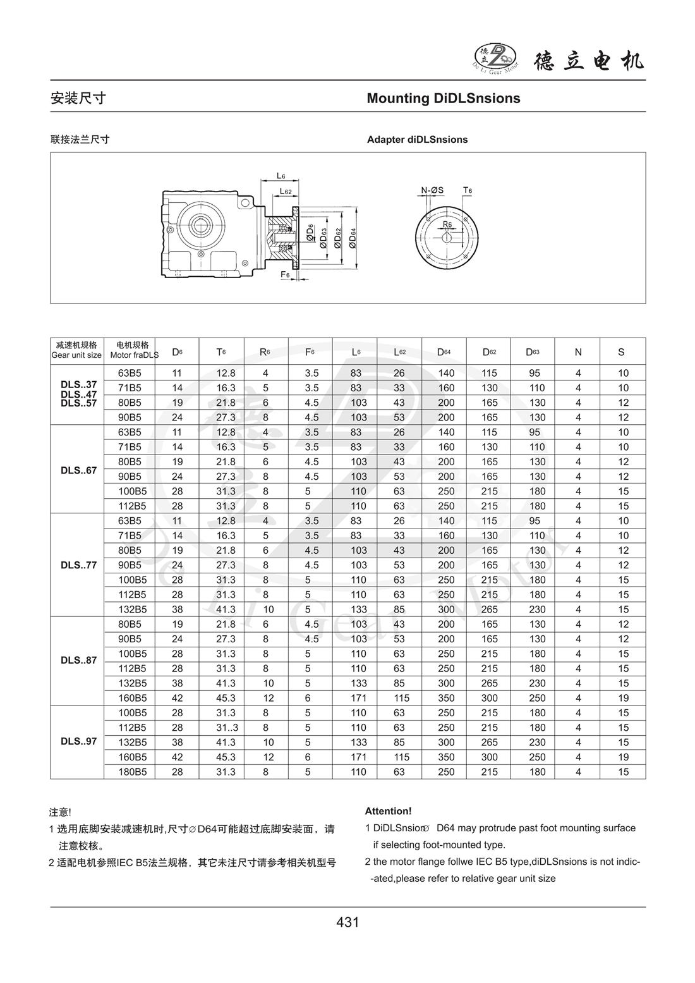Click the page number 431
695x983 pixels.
pyautogui.click(x=347, y=922)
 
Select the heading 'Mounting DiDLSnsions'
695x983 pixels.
pyautogui.click(x=444, y=98)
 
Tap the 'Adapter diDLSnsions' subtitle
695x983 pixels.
pyautogui.click(x=417, y=139)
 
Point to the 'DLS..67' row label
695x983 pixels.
pyautogui.click(x=78, y=470)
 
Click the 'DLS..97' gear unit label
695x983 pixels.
pyautogui.click(x=78, y=741)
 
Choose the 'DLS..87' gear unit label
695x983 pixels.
pyautogui.click(x=78, y=660)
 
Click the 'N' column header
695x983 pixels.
pyautogui.click(x=577, y=352)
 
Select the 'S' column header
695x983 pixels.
pyautogui.click(x=622, y=352)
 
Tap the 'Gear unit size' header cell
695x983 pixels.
pyautogui.click(x=76, y=355)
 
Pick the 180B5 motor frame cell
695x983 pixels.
pyautogui.click(x=133, y=772)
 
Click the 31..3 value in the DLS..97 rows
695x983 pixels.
pyautogui.click(x=226, y=728)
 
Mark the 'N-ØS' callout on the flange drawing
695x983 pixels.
pyautogui.click(x=433, y=190)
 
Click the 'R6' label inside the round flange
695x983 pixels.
pyautogui.click(x=447, y=224)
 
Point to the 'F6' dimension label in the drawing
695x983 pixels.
pyautogui.click(x=285, y=274)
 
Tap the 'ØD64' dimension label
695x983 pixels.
pyautogui.click(x=353, y=239)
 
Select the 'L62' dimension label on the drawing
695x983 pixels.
pyautogui.click(x=286, y=190)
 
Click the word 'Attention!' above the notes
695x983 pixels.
pyautogui.click(x=388, y=811)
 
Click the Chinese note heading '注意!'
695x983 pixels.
pyautogui.click(x=60, y=812)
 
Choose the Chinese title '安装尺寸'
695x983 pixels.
pyautogui.click(x=78, y=98)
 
